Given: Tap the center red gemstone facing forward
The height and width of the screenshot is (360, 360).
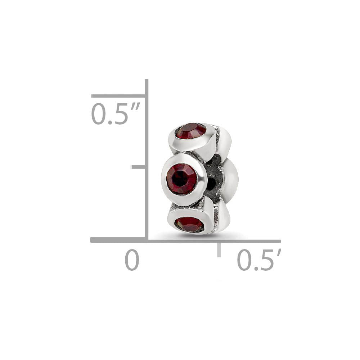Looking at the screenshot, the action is point(181,179).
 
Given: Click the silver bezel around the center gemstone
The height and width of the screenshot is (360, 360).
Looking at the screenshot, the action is point(163,179).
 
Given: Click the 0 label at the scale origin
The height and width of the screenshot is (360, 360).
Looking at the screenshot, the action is point(132,260).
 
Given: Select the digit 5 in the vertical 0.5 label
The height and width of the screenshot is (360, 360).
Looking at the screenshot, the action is point(121,114).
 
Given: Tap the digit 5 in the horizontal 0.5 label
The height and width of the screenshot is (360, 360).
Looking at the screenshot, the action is point(266,260).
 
